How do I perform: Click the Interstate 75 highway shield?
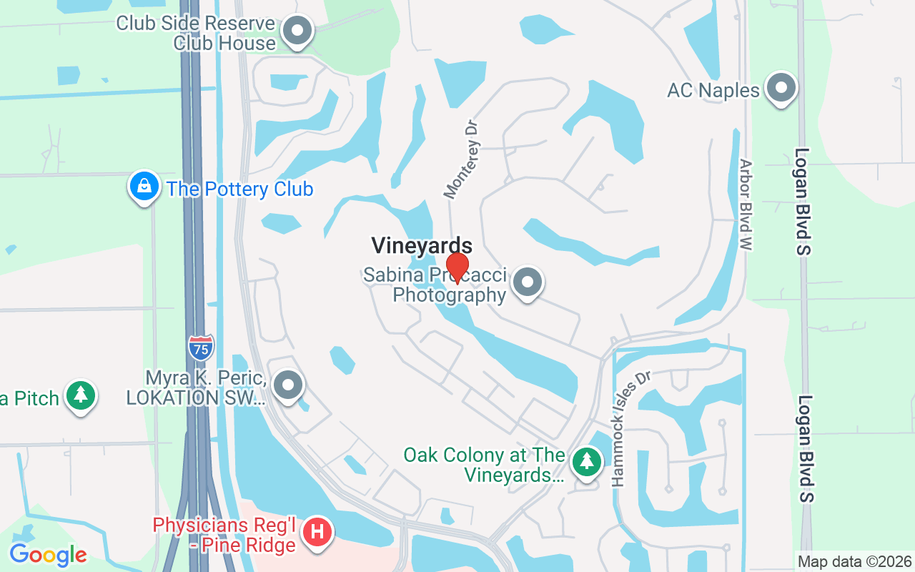coord(201,347)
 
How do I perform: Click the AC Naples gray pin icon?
coord(781,89)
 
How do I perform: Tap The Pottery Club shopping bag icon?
coord(144,187)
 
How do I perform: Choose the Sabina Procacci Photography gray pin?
coord(528,282)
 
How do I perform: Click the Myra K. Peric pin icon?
coord(288,386)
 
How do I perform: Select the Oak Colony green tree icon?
coord(587,461)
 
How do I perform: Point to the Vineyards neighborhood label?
coord(422,246)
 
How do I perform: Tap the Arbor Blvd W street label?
coord(746,204)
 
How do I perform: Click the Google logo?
coord(48,554)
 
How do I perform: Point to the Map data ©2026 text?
coord(854,561)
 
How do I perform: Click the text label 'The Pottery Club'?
coord(240,189)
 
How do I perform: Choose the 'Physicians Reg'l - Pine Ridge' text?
coord(224,536)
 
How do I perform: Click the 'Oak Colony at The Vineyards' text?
coord(485,465)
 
